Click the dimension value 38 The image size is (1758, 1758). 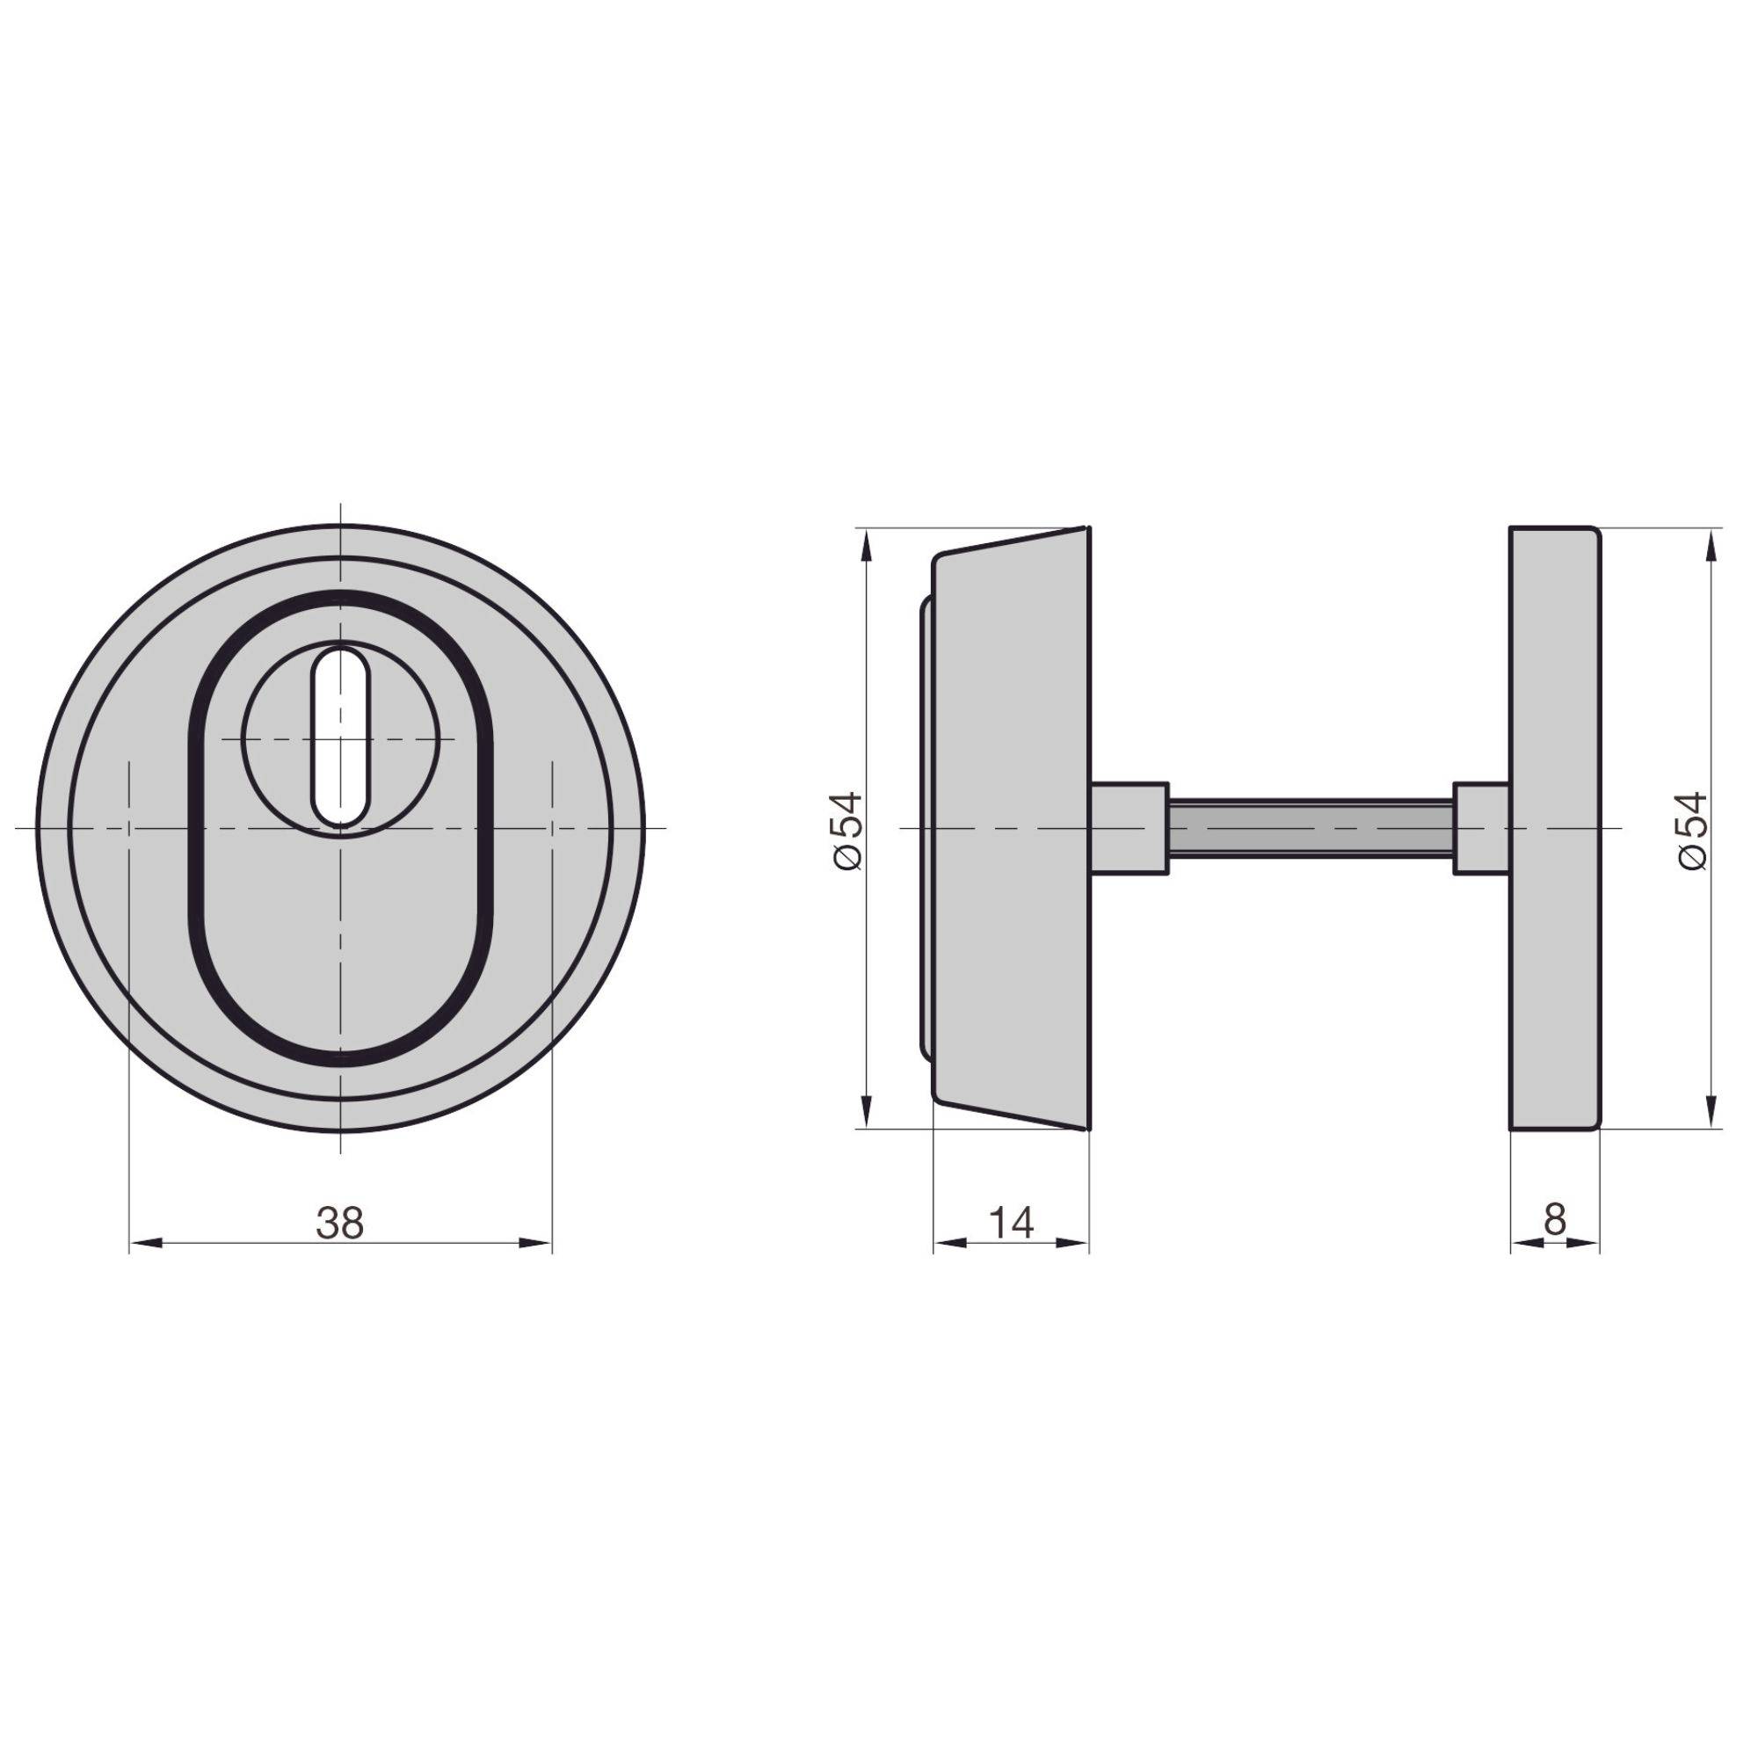pyautogui.click(x=339, y=1223)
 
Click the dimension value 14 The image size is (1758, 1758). pyautogui.click(x=1011, y=1222)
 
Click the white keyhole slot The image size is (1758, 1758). pyautogui.click(x=341, y=737)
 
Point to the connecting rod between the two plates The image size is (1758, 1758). pyautogui.click(x=1311, y=829)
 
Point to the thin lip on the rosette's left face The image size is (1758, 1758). pyautogui.click(x=925, y=829)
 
